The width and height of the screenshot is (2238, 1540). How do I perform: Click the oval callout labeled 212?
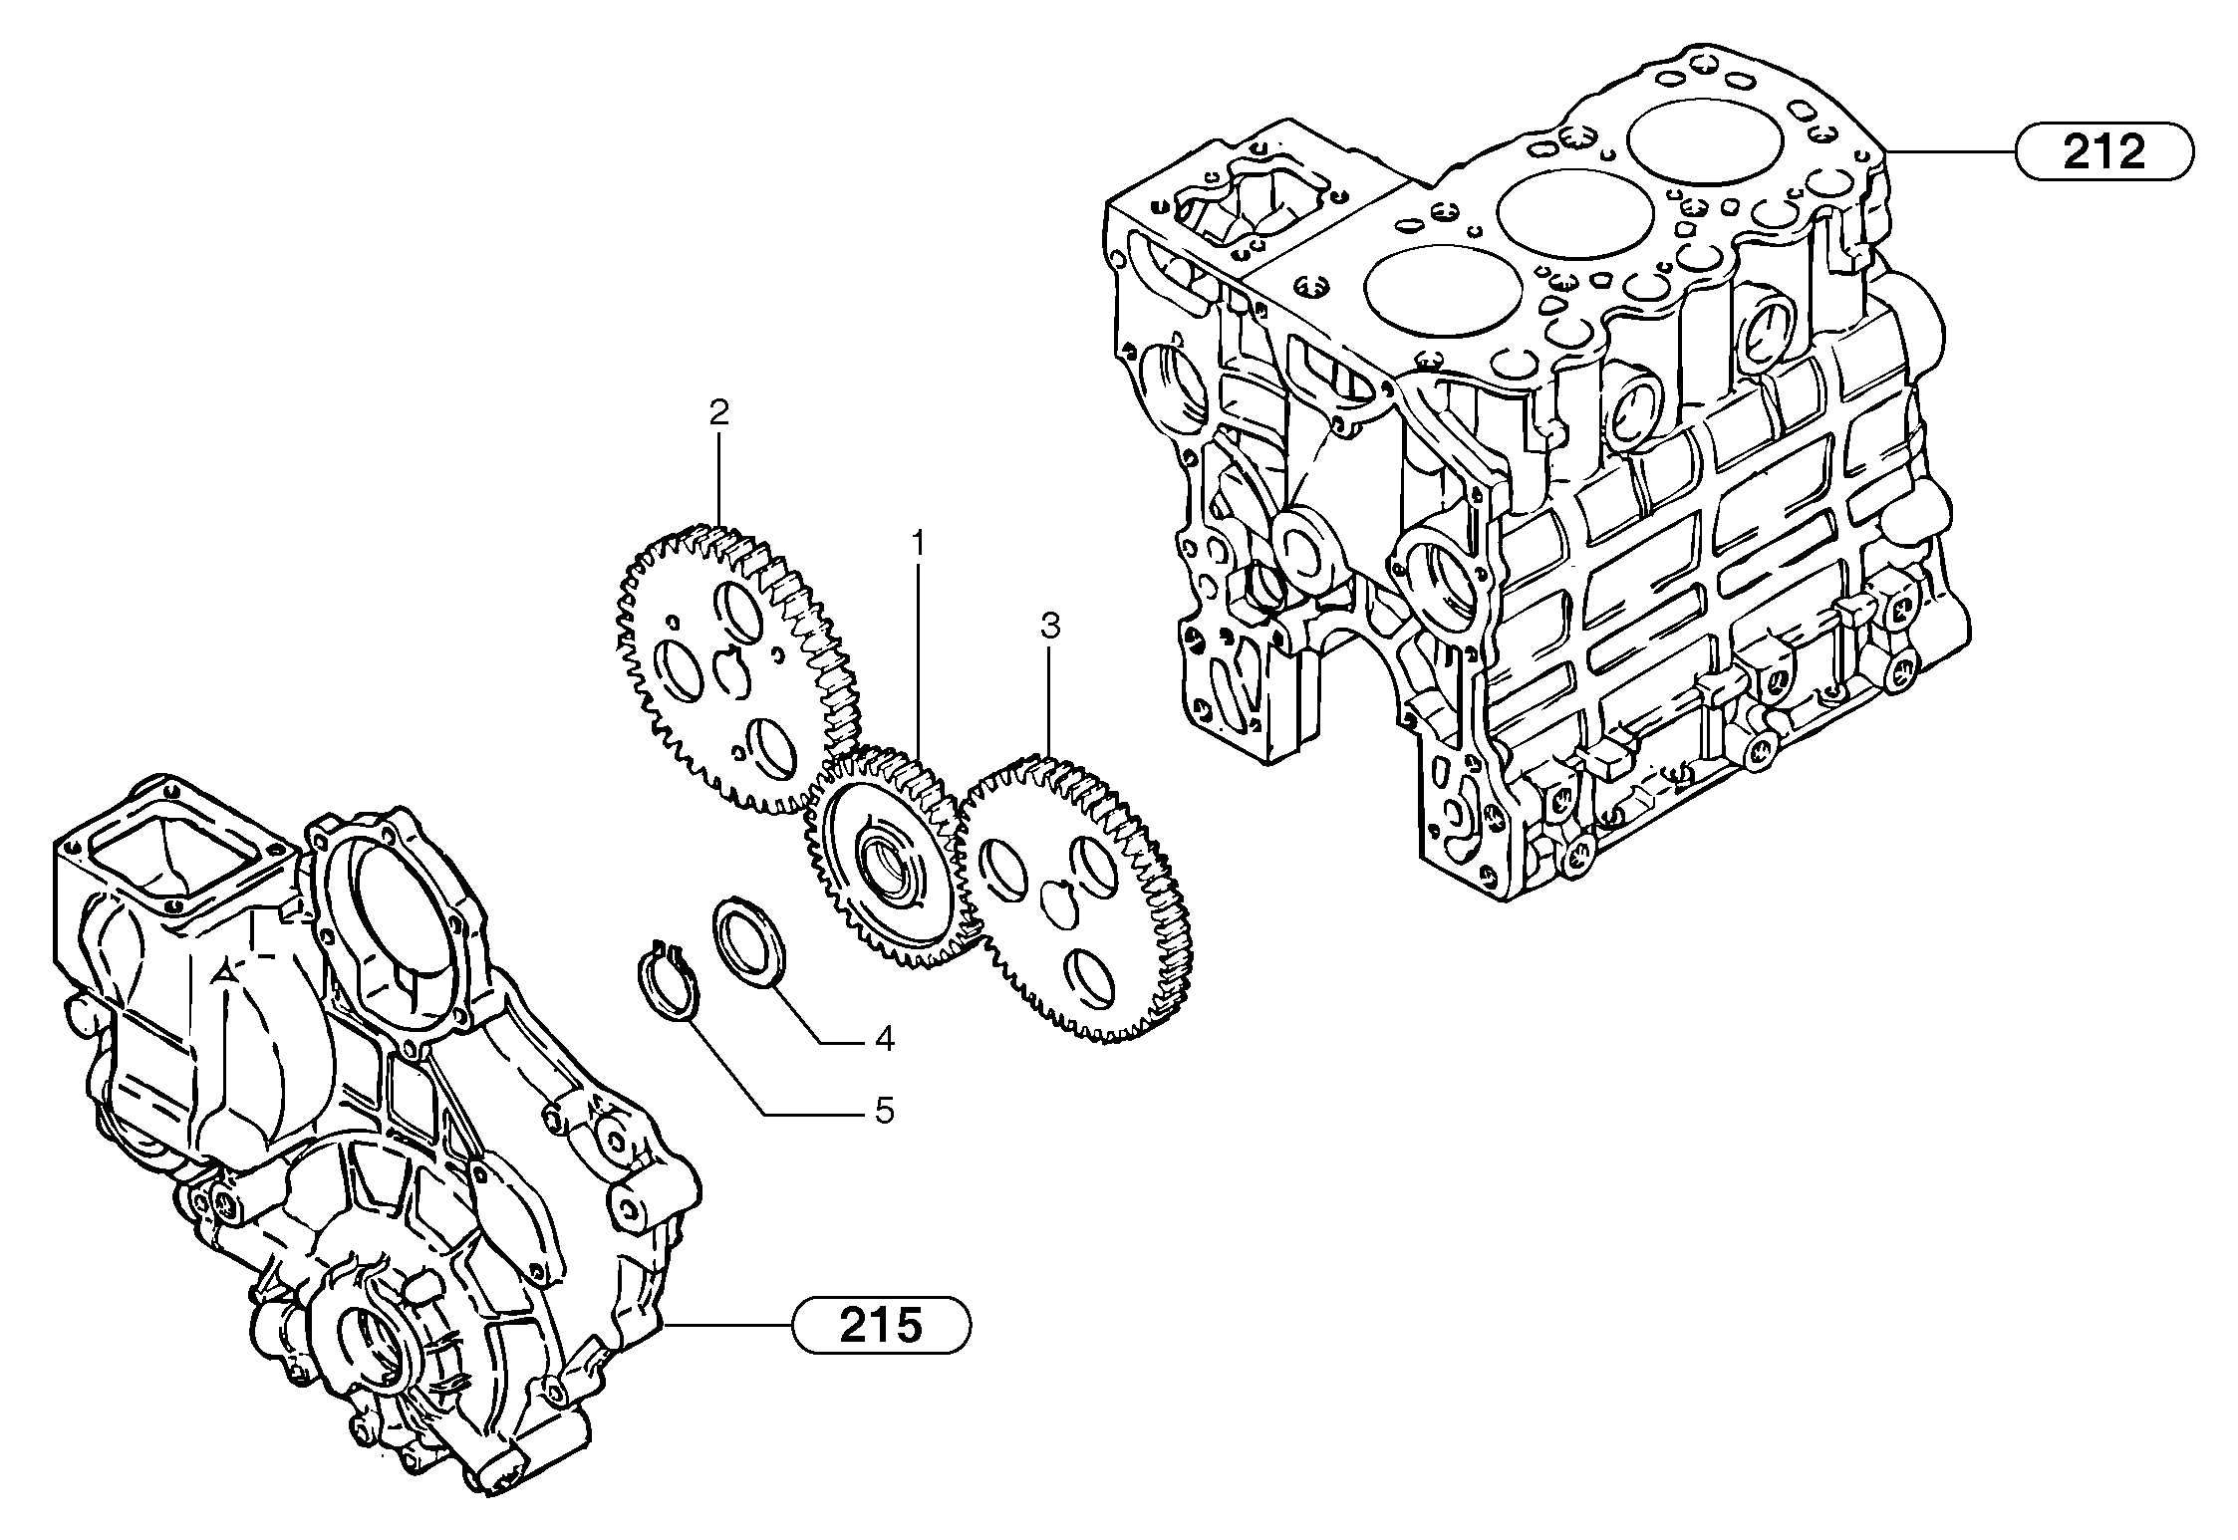click(x=2103, y=151)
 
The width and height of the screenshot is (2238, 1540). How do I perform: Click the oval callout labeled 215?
click(x=881, y=1325)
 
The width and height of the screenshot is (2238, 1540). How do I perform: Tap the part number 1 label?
click(x=918, y=543)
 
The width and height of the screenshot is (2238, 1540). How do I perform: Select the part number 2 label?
click(x=718, y=412)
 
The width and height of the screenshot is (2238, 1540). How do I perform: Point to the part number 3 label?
click(x=1049, y=627)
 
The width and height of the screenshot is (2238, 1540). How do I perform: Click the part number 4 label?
click(x=884, y=1039)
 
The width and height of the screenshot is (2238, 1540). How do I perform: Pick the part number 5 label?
click(x=884, y=1111)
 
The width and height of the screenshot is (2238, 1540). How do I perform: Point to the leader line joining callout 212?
click(x=1953, y=152)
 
